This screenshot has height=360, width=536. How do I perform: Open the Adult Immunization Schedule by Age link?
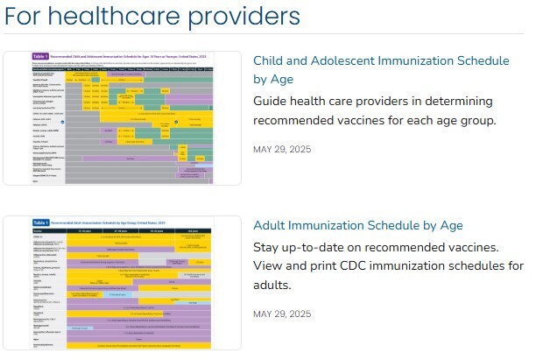(x=357, y=226)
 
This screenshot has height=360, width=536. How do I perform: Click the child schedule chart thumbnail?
(x=123, y=117)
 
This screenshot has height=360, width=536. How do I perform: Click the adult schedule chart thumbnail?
(x=123, y=282)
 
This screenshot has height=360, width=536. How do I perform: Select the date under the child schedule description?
(x=281, y=148)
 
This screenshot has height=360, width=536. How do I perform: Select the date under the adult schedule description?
(x=281, y=314)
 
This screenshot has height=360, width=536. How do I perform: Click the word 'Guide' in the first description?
(x=272, y=100)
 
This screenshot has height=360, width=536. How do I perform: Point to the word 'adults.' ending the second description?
(x=272, y=286)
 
